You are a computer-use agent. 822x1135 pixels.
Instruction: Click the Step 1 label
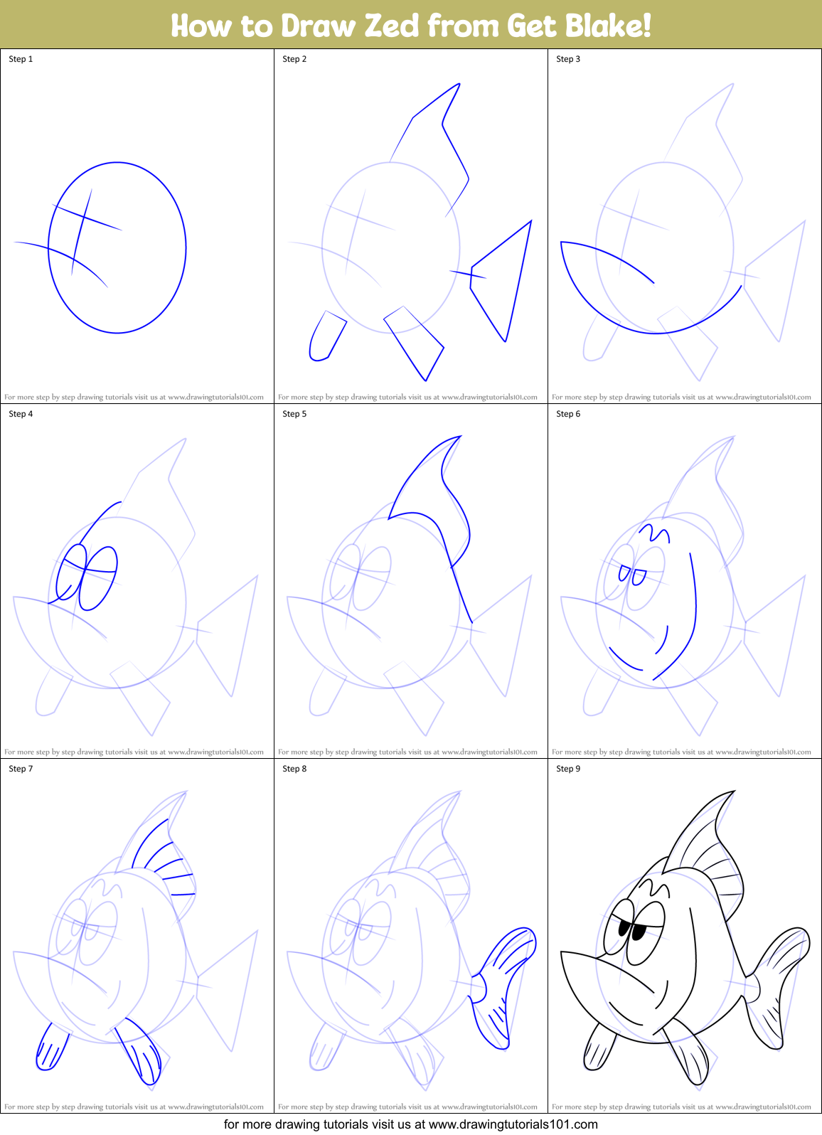[21, 59]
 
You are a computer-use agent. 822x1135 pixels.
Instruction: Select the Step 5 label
[294, 414]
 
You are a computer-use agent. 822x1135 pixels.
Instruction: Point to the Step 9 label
[568, 769]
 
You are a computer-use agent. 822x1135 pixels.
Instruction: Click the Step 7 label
[21, 769]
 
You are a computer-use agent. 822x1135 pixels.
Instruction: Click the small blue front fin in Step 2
[326, 336]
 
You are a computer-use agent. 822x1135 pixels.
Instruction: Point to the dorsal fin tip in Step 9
[732, 793]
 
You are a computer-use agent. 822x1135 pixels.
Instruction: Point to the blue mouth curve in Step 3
[640, 327]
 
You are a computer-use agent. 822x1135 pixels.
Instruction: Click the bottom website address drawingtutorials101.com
[513, 1124]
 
